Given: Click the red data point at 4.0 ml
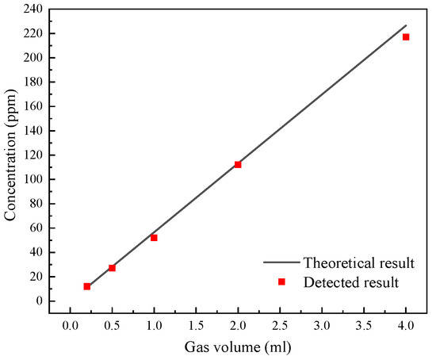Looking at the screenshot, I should click(406, 37).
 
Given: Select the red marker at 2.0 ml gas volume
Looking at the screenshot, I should click(238, 164).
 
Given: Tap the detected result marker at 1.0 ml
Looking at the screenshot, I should click(154, 238).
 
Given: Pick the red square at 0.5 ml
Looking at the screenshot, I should click(112, 268).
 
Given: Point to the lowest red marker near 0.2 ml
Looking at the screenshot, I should click(87, 286).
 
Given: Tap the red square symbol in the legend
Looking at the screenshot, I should click(281, 281).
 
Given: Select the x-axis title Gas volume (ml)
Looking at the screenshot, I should click(238, 347).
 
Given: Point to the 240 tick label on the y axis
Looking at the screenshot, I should click(32, 9).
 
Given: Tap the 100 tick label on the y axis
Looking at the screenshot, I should click(32, 179).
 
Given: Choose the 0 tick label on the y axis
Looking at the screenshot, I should click(38, 301).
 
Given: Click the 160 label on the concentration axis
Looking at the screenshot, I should click(32, 106).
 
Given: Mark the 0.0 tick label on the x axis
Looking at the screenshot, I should click(70, 325).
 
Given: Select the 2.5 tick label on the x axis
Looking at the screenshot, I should click(280, 325).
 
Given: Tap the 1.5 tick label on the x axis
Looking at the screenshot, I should click(196, 325).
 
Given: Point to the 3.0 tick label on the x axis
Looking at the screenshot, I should click(322, 325).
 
